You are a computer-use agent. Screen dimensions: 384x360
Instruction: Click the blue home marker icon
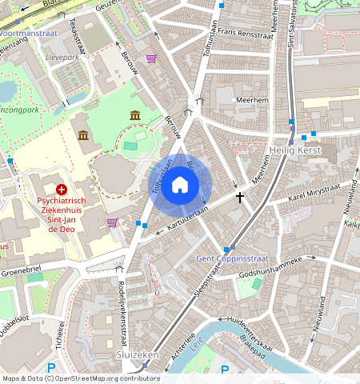[x=180, y=186]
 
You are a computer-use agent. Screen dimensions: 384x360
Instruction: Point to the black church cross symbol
[x=239, y=196]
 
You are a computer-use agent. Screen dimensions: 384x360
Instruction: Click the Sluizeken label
[x=138, y=354]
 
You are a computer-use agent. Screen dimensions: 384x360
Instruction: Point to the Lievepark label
[x=62, y=58]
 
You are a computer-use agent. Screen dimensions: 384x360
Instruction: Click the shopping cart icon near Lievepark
[x=151, y=58]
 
